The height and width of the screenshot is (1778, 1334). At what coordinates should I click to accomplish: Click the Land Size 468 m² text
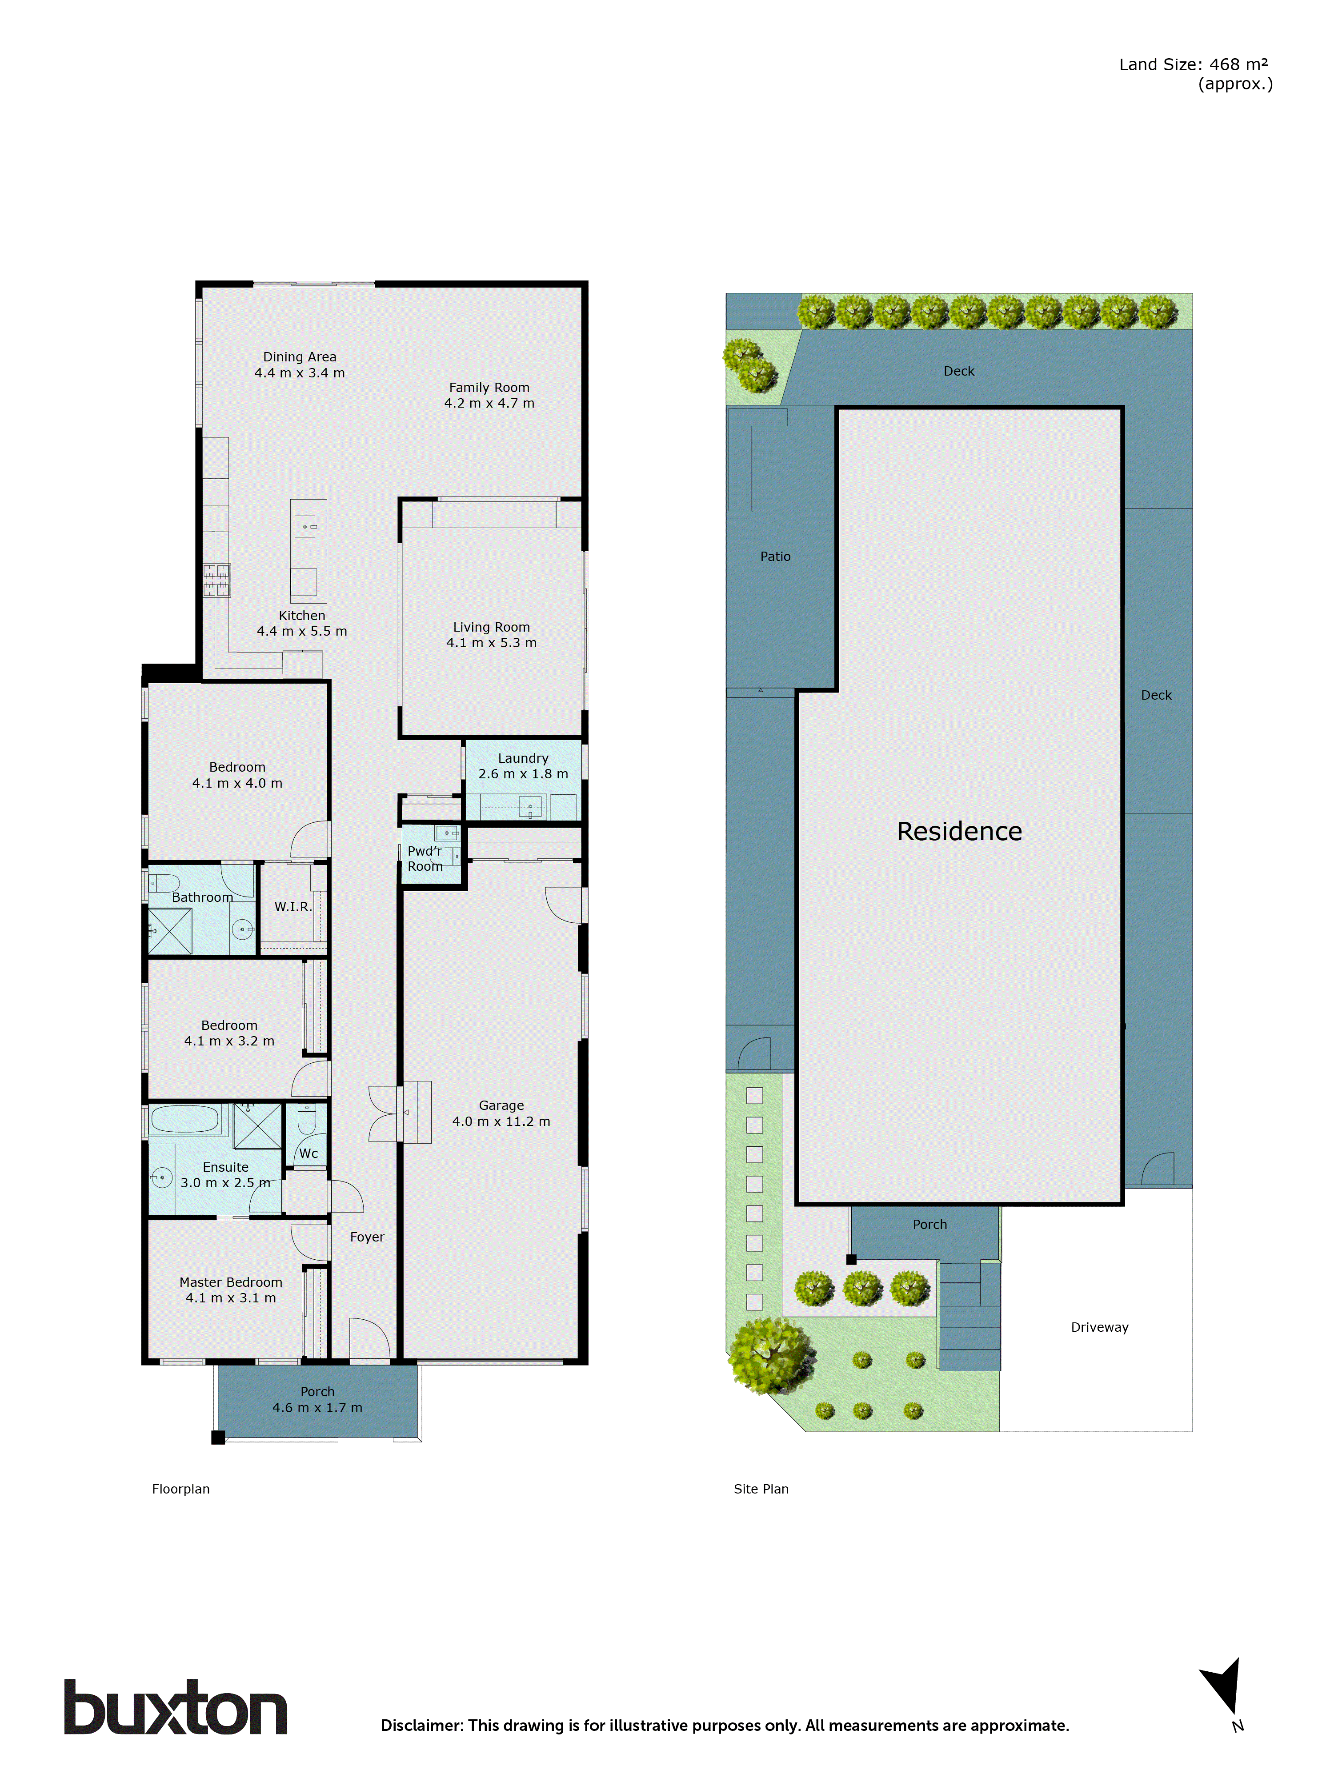(1194, 65)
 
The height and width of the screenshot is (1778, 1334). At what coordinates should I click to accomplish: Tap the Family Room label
(489, 388)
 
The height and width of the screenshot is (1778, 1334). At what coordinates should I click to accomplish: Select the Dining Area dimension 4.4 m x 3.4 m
(299, 373)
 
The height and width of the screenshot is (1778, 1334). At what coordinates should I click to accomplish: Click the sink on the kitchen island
(305, 526)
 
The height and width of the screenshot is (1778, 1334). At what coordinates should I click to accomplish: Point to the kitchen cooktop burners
(216, 581)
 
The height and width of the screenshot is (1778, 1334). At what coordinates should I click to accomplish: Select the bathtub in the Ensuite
(185, 1119)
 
